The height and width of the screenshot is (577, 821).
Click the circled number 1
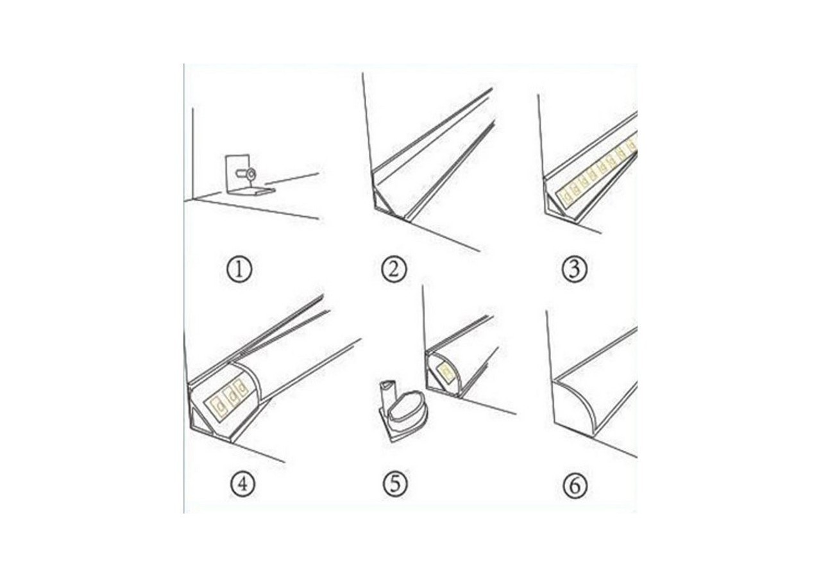tap(239, 270)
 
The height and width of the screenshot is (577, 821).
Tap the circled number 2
tap(394, 270)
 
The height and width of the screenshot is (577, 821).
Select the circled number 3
tap(574, 270)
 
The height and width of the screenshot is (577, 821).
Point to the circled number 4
tap(242, 485)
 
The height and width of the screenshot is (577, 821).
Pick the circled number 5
tap(395, 485)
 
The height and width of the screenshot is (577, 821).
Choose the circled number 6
tap(575, 486)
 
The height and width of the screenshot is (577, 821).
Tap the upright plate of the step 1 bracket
tap(237, 172)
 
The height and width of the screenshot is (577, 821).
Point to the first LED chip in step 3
tap(568, 190)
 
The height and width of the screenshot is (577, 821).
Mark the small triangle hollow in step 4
tap(199, 422)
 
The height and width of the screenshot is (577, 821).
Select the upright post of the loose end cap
tap(385, 395)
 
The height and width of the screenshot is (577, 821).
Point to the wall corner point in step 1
tap(193, 200)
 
